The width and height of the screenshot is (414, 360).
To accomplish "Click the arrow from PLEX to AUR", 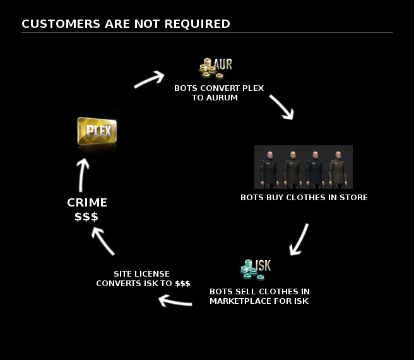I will pyautogui.click(x=149, y=79).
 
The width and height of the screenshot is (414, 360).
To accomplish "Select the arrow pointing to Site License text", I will pyautogui.click(x=175, y=301).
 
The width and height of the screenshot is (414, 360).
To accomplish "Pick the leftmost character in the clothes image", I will pyautogui.click(x=268, y=168).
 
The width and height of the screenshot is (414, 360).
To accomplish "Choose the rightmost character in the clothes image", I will pyautogui.click(x=337, y=168).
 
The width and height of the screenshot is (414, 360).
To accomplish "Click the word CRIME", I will pyautogui.click(x=87, y=203).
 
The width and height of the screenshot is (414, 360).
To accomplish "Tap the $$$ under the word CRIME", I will pyautogui.click(x=87, y=217).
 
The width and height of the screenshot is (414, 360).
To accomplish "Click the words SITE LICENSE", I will pyautogui.click(x=141, y=273).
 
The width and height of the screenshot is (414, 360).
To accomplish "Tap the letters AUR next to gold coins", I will pyautogui.click(x=224, y=64).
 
